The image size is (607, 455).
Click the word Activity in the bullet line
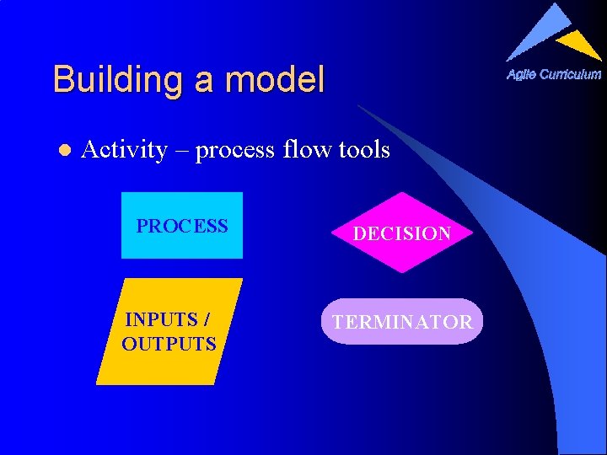tap(124, 150)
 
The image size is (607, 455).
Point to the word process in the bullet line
tap(237, 151)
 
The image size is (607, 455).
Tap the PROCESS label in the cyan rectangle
tap(182, 226)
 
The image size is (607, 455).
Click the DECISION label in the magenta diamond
tap(401, 234)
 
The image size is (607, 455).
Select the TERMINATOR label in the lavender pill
tap(402, 322)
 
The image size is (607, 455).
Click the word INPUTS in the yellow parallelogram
tap(161, 319)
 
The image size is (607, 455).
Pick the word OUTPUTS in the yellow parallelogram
tap(169, 344)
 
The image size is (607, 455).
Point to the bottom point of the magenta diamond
tap(403, 272)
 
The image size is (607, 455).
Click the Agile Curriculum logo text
tap(554, 74)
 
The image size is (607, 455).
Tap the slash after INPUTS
tap(207, 319)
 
